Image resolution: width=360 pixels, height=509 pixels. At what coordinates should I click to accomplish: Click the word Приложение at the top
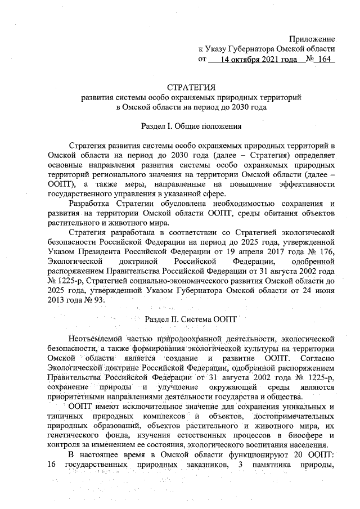[x=312, y=39]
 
